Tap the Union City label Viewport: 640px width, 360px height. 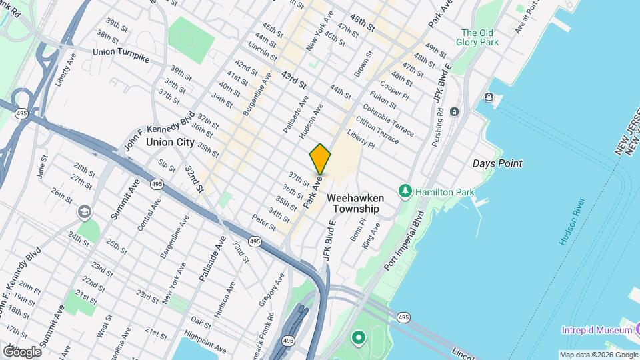click(170, 142)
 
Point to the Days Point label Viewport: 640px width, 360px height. click(497, 163)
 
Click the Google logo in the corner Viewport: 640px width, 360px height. click(22, 351)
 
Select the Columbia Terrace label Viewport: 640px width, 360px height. click(389, 118)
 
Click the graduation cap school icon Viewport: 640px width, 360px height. click(84, 212)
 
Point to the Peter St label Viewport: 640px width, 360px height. click(264, 222)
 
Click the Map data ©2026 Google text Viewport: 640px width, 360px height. click(597, 355)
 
